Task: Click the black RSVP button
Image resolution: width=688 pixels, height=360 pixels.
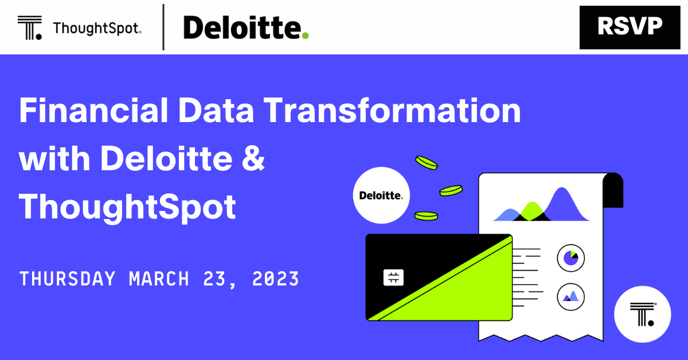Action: tap(630, 28)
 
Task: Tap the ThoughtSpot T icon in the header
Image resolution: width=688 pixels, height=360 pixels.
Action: tap(30, 28)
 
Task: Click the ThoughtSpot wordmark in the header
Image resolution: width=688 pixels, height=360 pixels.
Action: tap(97, 28)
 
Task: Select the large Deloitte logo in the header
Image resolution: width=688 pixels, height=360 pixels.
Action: tap(246, 28)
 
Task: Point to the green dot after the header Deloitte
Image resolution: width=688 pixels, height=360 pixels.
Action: tap(305, 36)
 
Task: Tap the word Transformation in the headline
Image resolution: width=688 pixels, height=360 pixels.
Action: tap(392, 110)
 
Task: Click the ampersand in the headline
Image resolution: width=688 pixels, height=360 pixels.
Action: tap(253, 158)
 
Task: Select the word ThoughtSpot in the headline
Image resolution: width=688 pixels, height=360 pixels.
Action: tap(127, 208)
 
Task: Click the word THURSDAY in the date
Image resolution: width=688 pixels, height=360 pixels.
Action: tap(67, 279)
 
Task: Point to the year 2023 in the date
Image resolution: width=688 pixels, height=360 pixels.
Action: tap(275, 279)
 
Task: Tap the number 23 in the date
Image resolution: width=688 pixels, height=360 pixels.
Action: tap(216, 279)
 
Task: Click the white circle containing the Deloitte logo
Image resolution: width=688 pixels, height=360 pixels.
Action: tap(381, 195)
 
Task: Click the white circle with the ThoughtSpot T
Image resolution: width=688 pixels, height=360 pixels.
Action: tap(642, 314)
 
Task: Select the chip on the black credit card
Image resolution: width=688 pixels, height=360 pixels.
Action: tap(393, 277)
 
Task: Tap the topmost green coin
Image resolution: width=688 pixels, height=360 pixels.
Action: tap(427, 163)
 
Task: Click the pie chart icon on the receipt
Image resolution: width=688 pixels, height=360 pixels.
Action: tap(570, 258)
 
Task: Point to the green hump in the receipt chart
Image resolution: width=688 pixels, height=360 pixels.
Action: tap(531, 212)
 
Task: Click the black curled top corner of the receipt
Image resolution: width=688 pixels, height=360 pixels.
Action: tap(613, 190)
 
